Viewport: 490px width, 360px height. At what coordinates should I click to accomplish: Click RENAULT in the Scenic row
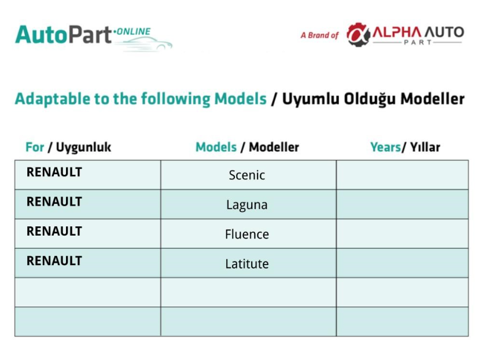[x=54, y=172]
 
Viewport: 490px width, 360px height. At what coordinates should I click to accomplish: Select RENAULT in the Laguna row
[x=54, y=202]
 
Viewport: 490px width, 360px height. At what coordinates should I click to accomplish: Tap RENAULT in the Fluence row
[x=54, y=232]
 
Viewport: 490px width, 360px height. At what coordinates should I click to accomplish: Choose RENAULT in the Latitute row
[x=54, y=261]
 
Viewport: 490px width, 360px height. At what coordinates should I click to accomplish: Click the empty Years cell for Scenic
[x=402, y=175]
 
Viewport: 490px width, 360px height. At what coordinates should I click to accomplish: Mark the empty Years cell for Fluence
[x=402, y=234]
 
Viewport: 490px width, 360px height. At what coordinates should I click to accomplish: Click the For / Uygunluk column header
[x=68, y=148]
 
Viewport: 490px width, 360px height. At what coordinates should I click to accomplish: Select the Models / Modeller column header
[x=247, y=147]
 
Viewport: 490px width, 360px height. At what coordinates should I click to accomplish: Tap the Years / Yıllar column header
[x=405, y=147]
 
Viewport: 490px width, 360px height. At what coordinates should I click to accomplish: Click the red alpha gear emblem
[x=358, y=35]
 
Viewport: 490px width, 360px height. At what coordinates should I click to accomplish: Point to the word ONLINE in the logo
[x=134, y=32]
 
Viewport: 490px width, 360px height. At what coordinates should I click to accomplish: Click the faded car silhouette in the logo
[x=145, y=44]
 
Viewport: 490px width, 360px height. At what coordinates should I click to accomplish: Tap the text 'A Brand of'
[x=319, y=35]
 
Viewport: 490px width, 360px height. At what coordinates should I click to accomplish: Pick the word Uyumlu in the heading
[x=311, y=99]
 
